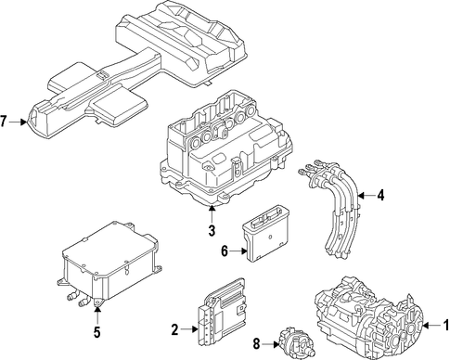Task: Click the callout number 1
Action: (445, 326)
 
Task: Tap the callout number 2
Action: (174, 330)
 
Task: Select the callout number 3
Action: (212, 231)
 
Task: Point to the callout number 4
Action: (380, 196)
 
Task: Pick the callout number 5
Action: (97, 332)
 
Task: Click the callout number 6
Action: (225, 251)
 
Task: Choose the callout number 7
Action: (4, 122)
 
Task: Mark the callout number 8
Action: (256, 344)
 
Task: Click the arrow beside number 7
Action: (18, 122)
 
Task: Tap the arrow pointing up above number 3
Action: (212, 214)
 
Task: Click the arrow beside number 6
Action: (238, 251)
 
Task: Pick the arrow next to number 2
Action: (189, 329)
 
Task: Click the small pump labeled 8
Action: (296, 344)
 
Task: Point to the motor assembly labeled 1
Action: (368, 317)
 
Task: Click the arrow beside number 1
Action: (431, 326)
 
